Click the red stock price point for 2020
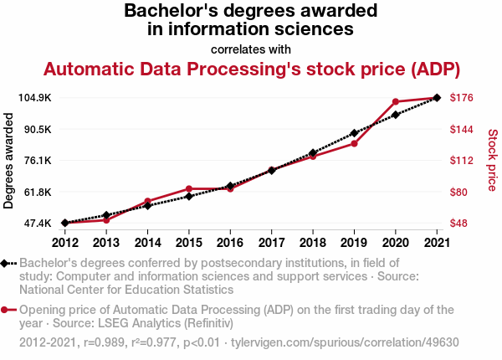pyautogui.click(x=395, y=102)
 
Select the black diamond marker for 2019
pyautogui.click(x=354, y=133)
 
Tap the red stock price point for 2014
pyautogui.click(x=147, y=202)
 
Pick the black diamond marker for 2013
pyautogui.click(x=106, y=215)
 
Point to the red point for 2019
pyautogui.click(x=354, y=144)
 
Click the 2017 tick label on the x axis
pyautogui.click(x=271, y=243)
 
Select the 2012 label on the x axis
pyautogui.click(x=64, y=243)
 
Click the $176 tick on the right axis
pyautogui.click(x=463, y=98)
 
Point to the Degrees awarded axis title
pyautogui.click(x=9, y=161)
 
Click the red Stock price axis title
pyautogui.click(x=492, y=159)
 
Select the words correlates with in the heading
pyautogui.click(x=251, y=49)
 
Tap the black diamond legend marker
pyautogui.click(x=8, y=263)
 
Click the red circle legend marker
pyautogui.click(x=8, y=309)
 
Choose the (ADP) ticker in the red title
pyautogui.click(x=433, y=69)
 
